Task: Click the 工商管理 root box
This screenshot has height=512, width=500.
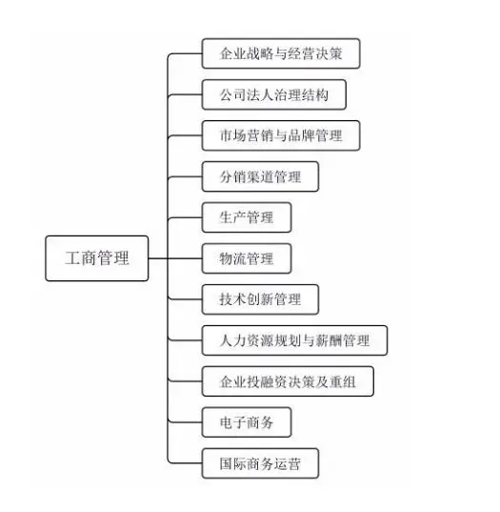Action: [97, 258]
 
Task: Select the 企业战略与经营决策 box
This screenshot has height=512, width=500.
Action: [281, 53]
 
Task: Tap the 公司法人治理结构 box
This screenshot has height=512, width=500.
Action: [274, 94]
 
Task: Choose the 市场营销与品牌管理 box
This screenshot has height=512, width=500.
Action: [281, 135]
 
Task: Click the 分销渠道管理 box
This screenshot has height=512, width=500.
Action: [260, 176]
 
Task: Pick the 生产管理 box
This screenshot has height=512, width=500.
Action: [247, 217]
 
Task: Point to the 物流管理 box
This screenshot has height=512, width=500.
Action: [247, 258]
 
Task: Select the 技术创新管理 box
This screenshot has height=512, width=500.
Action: [260, 299]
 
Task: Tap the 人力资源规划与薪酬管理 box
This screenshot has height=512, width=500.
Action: [294, 340]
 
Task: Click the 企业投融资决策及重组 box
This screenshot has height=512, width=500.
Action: [288, 381]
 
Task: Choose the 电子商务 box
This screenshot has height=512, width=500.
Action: [247, 422]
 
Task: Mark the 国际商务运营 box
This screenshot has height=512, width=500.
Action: [260, 463]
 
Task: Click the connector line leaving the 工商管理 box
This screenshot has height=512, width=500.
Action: [158, 258]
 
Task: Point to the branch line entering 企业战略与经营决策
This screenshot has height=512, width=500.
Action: [185, 53]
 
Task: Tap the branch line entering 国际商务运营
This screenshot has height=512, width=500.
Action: [185, 463]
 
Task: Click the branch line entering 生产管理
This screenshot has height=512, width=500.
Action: [185, 217]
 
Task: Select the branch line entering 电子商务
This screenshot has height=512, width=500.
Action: [185, 422]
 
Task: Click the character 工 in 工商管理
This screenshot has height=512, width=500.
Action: [72, 258]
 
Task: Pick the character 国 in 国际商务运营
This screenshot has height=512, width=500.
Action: [226, 463]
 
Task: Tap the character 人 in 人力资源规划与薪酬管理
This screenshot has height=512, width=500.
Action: [226, 340]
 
